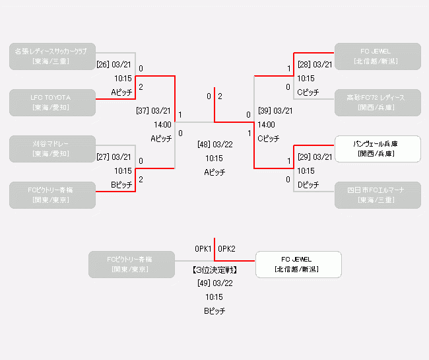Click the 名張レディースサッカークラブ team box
53,56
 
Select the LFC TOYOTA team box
53,102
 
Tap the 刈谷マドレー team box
53,149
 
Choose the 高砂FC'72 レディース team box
378,102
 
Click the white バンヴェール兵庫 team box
378,149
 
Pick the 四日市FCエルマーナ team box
378,195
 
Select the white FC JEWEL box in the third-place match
298,264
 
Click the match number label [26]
103,65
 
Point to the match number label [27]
103,157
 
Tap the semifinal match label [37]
143,111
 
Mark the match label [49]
204,283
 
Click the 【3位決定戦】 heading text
214,270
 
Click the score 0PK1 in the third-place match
203,249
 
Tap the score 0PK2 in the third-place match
227,249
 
